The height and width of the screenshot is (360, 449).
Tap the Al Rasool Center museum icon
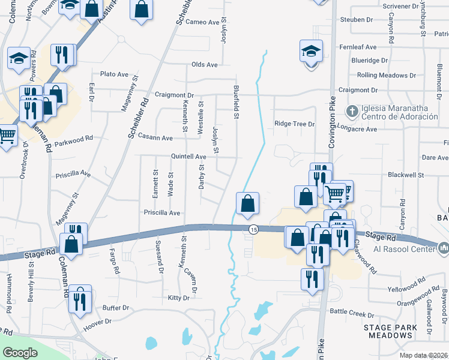point(444,247)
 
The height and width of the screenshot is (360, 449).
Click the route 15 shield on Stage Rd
point(253,230)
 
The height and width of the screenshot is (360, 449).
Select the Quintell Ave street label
point(188,157)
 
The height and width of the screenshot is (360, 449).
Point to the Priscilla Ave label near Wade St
point(162,212)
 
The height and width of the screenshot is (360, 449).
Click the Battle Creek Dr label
point(352,314)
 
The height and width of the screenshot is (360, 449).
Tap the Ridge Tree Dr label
point(295,124)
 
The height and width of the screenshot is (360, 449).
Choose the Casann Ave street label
point(155,137)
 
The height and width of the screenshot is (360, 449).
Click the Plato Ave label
point(115,74)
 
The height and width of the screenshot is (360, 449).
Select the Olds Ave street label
point(204,65)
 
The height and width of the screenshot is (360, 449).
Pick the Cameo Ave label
point(203,22)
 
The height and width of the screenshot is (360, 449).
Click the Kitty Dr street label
point(179,298)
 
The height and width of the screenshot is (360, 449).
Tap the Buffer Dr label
point(116,308)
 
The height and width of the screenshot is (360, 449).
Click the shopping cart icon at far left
point(7,136)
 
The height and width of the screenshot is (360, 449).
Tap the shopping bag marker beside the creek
point(247,203)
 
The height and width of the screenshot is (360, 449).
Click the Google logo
point(20,353)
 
